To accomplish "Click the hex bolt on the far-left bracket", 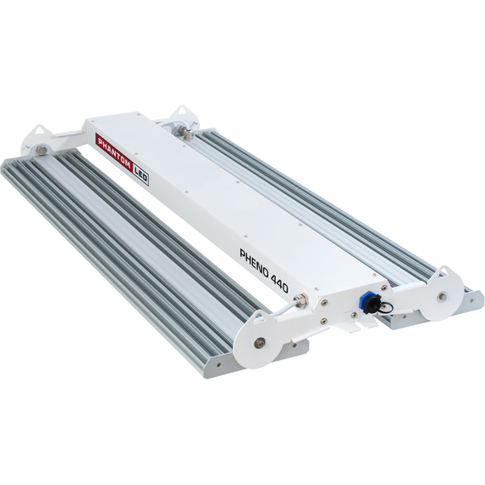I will point(42,151).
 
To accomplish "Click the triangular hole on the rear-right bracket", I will point(181,112).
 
